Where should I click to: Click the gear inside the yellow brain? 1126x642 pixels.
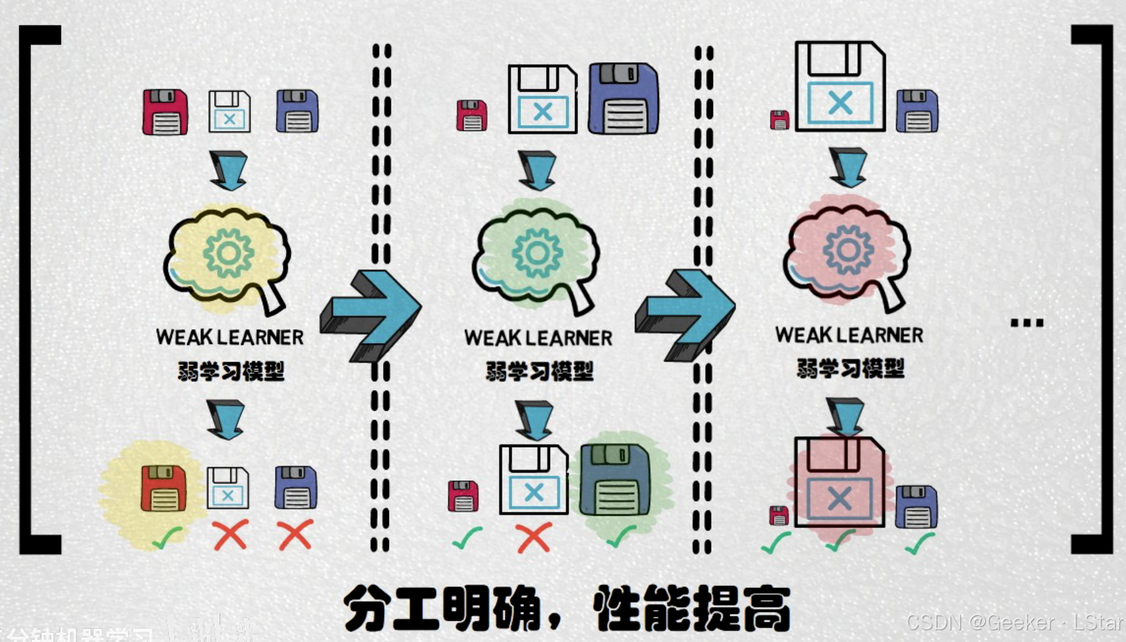coord(227,253)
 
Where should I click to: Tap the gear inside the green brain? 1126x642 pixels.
coord(537,253)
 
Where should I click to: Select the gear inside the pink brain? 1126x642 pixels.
coord(848,249)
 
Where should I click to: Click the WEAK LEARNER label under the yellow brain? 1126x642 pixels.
coord(230,338)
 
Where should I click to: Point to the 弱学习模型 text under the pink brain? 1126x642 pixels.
coord(850,368)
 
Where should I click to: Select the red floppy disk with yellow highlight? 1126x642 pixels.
coord(164,488)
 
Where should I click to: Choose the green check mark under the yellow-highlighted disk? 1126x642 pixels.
coord(167,538)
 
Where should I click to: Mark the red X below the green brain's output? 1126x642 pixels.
coord(534,538)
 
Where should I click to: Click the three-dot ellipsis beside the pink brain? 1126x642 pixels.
coord(1026,323)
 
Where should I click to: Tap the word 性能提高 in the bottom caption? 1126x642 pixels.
coord(691,609)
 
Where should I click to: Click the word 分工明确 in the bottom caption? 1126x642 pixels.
coord(442,609)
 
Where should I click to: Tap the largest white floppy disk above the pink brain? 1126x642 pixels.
coord(840,86)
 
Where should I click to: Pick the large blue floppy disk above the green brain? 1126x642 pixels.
coord(623,98)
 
